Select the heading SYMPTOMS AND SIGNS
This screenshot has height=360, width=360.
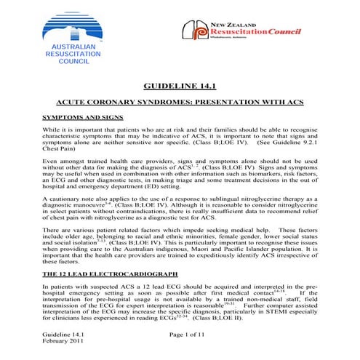click(81, 116)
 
